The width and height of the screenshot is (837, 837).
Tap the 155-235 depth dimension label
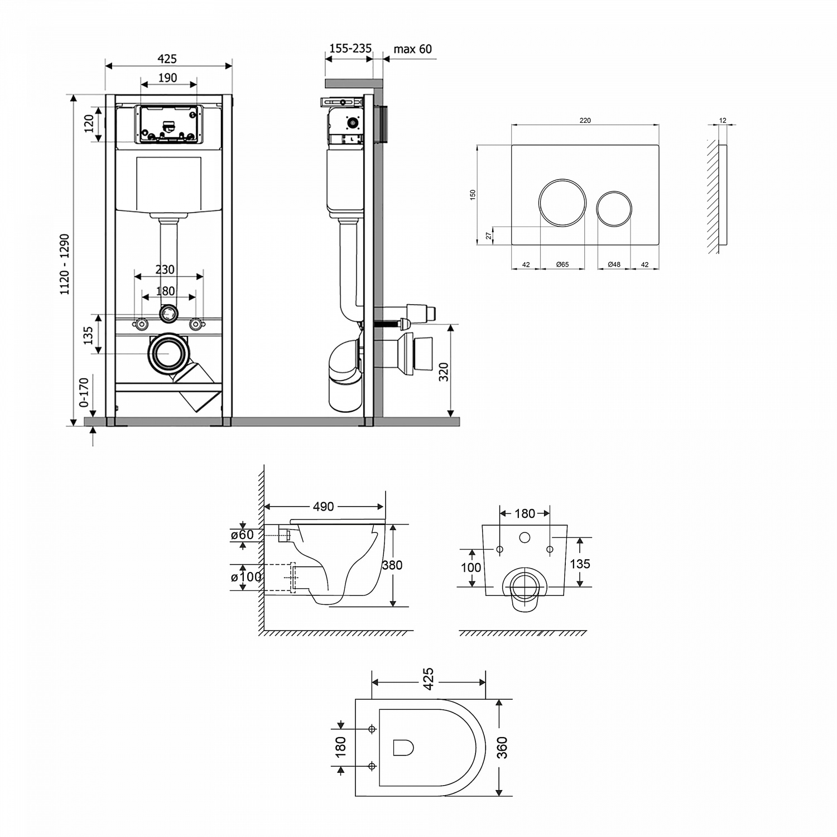pyautogui.click(x=350, y=49)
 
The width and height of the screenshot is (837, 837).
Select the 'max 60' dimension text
pyautogui.click(x=412, y=49)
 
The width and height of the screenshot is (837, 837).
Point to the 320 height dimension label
pyautogui.click(x=444, y=372)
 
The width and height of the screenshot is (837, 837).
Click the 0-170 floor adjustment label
pyautogui.click(x=84, y=392)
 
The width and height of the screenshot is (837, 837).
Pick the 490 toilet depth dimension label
pyautogui.click(x=323, y=507)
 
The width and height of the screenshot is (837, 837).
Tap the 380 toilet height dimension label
pyautogui.click(x=392, y=565)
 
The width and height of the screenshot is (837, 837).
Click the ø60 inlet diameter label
pyautogui.click(x=242, y=535)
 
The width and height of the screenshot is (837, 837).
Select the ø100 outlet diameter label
pyautogui.click(x=246, y=577)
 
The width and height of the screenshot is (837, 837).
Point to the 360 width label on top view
pyautogui.click(x=502, y=747)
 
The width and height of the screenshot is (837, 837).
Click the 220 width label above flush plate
pyautogui.click(x=585, y=121)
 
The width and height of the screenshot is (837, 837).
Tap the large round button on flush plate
pyautogui.click(x=562, y=203)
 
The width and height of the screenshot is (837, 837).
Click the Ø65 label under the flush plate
pyautogui.click(x=562, y=264)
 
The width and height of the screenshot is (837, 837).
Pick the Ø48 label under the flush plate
pyautogui.click(x=614, y=264)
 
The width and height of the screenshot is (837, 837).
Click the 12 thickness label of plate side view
pyautogui.click(x=723, y=121)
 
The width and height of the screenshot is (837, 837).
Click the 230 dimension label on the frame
pyautogui.click(x=165, y=270)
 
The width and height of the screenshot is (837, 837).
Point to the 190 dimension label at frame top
pyautogui.click(x=168, y=78)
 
